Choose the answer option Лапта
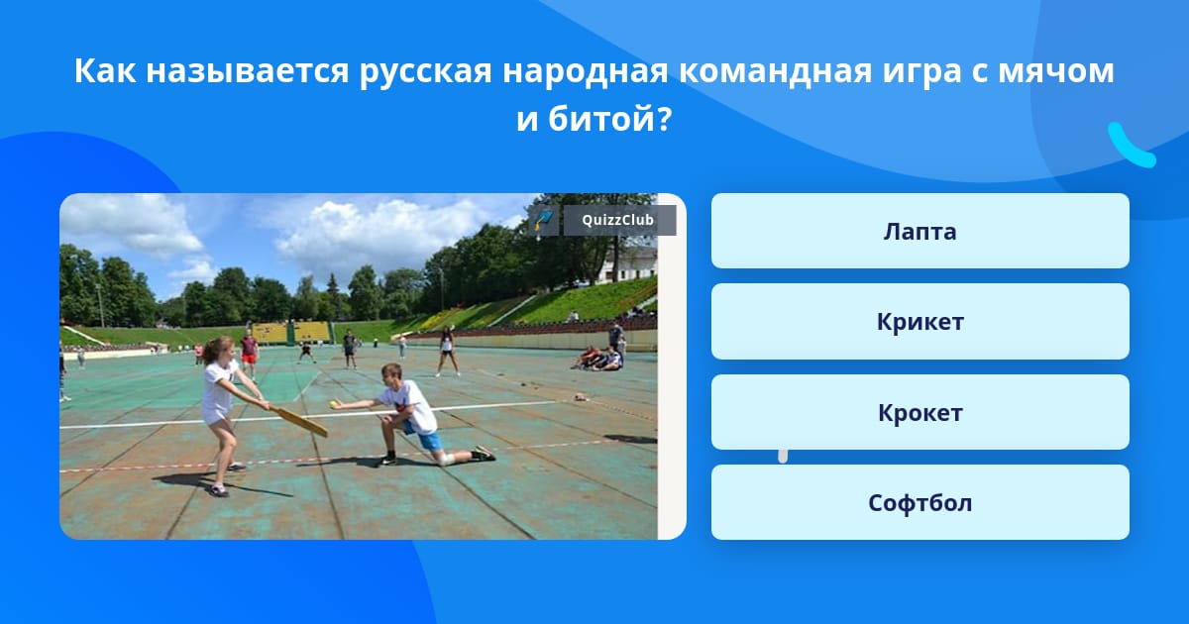919,231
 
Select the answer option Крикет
919,322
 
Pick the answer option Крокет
919,412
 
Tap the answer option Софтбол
919,502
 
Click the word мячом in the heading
1056,71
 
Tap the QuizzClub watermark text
618,220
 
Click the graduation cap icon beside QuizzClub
543,220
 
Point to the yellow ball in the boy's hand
333,405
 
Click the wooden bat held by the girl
299,421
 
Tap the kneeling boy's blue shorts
426,440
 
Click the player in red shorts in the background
249,353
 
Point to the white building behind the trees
630,263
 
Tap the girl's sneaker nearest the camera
218,491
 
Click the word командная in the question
776,71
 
